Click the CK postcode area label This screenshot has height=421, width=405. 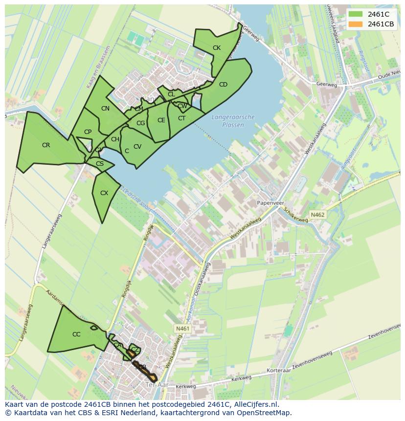[x=217, y=47]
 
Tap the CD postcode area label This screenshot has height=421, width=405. [x=223, y=84]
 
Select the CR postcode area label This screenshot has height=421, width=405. [x=46, y=145]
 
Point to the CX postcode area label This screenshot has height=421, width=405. [x=104, y=193]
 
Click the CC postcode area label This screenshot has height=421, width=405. [x=76, y=334]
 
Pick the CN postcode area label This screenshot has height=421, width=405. [x=105, y=108]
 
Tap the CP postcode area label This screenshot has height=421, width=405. [x=88, y=132]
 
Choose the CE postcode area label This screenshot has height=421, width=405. [x=161, y=120]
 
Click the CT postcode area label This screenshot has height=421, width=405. [x=181, y=118]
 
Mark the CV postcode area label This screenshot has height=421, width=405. [x=137, y=146]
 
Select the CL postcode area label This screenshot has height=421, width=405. [x=171, y=94]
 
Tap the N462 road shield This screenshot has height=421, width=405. [x=317, y=214]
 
